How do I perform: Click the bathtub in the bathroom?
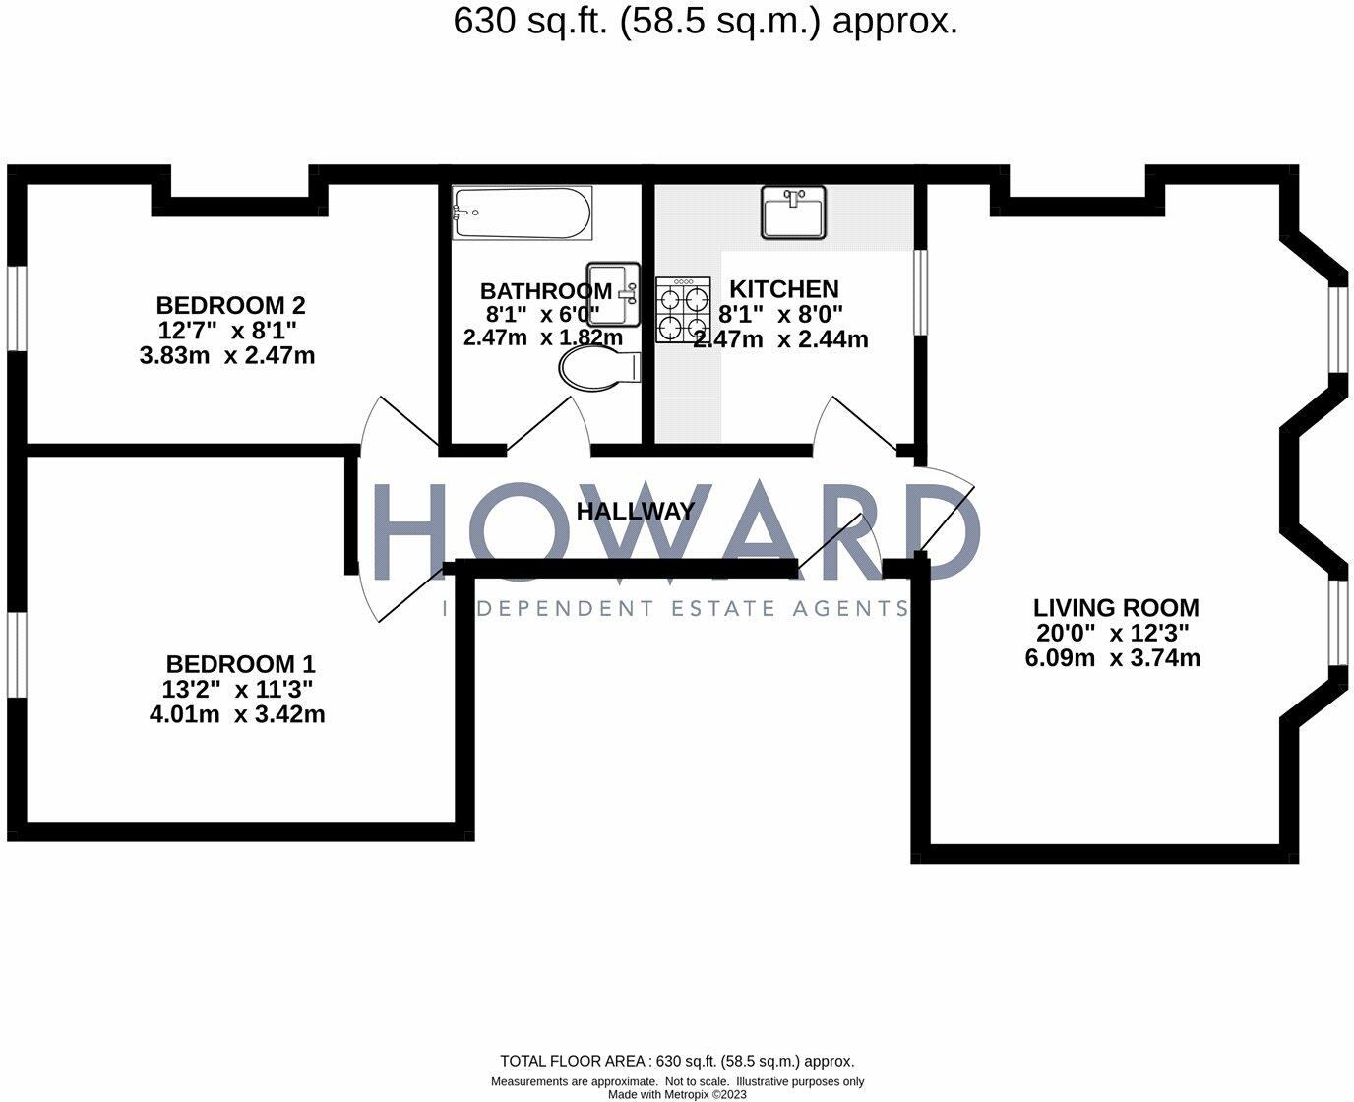(x=522, y=214)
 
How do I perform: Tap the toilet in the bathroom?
(x=599, y=371)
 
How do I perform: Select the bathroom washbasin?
(x=612, y=293)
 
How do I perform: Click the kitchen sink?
(x=793, y=213)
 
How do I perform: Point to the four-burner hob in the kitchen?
(x=683, y=309)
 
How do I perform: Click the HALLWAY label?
(x=635, y=512)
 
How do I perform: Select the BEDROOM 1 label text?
(x=240, y=664)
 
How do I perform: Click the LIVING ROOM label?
(x=1116, y=608)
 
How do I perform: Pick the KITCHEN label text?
(x=783, y=289)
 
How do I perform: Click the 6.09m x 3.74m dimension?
(x=1112, y=658)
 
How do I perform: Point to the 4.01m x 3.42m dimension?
(x=236, y=715)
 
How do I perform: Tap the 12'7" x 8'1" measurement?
(x=227, y=331)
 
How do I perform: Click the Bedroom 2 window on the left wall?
(x=17, y=307)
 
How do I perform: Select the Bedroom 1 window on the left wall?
(x=17, y=656)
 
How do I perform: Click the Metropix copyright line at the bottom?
(x=677, y=1094)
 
